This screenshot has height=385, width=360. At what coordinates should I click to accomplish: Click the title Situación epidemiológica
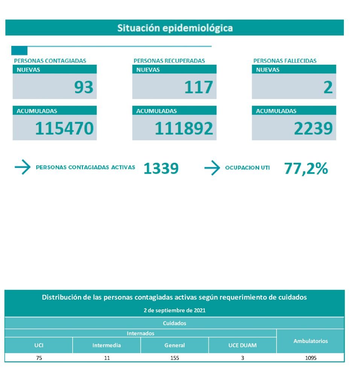(x=175, y=28)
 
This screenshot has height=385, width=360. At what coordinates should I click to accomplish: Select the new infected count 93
(x=84, y=87)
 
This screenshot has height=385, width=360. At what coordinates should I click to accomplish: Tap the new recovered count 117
(x=198, y=87)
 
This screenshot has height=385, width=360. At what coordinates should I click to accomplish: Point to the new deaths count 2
(x=328, y=87)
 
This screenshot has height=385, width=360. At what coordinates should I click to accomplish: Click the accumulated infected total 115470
(x=64, y=129)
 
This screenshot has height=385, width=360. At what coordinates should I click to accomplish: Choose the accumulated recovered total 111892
(x=184, y=129)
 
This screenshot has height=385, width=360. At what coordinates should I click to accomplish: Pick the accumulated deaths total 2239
(x=313, y=129)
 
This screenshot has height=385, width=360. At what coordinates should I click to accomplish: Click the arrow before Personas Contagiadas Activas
(x=23, y=167)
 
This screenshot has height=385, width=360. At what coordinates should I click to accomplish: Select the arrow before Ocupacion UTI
(x=212, y=168)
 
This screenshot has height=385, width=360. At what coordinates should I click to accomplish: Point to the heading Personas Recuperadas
(x=169, y=61)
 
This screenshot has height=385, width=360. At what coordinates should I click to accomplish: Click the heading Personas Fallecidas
(x=285, y=61)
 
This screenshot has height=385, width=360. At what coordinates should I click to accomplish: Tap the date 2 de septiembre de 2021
(x=175, y=311)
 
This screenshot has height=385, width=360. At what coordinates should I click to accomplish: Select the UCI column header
(x=39, y=345)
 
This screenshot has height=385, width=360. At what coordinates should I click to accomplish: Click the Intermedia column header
(x=106, y=345)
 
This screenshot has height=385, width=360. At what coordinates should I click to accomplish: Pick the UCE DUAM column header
(x=242, y=345)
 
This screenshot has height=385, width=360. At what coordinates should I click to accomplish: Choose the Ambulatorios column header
(x=310, y=341)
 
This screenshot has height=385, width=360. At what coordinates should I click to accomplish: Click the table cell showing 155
(x=175, y=358)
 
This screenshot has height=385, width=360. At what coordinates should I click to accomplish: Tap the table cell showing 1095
(x=310, y=358)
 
